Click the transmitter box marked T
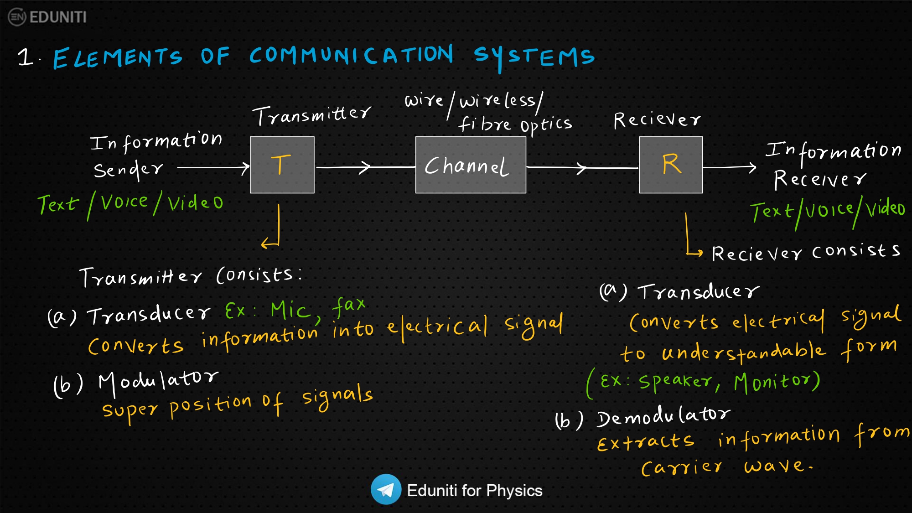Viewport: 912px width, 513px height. click(282, 165)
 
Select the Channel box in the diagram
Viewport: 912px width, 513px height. click(471, 165)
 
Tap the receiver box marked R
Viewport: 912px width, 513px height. click(671, 165)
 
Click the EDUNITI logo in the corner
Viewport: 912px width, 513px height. click(47, 17)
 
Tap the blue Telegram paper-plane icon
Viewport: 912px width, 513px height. click(386, 489)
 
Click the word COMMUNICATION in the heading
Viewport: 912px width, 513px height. click(351, 55)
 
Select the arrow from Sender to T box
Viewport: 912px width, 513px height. click(213, 168)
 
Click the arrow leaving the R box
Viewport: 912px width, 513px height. click(730, 168)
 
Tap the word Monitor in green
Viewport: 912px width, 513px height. click(776, 382)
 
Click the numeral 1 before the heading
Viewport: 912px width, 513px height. click(26, 57)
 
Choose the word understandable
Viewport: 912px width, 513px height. click(744, 352)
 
